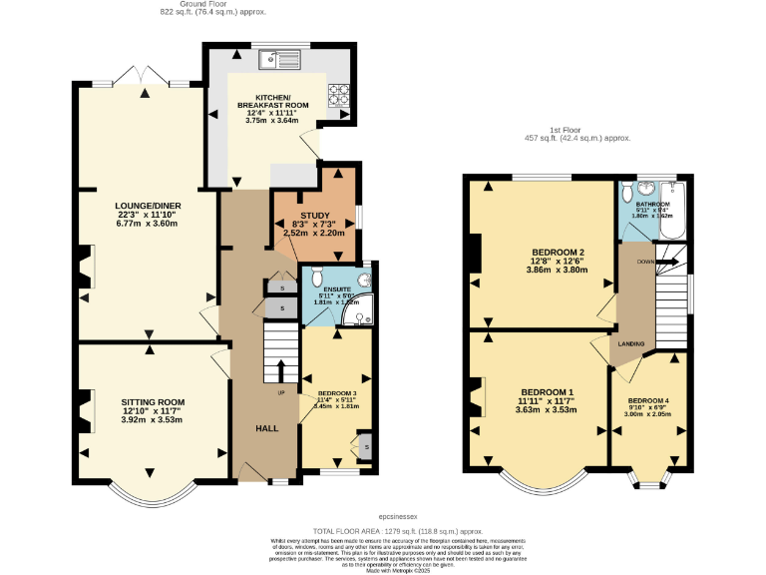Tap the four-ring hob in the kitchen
click(x=339, y=94)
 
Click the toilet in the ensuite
click(x=316, y=276)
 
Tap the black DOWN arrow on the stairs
click(x=667, y=262)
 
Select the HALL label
click(x=267, y=428)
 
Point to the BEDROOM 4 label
click(x=648, y=400)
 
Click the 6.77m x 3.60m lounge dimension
click(x=149, y=224)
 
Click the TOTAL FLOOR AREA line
click(x=383, y=532)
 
